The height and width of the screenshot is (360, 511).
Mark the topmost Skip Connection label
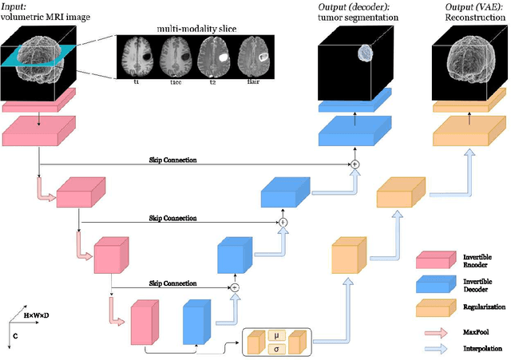point(172,160)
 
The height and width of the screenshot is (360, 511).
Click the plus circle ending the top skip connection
point(353,164)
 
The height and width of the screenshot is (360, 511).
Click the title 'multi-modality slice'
point(190,30)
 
